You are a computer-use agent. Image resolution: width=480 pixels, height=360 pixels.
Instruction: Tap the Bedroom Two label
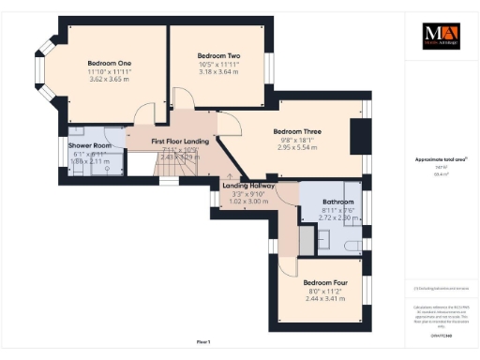point(219,56)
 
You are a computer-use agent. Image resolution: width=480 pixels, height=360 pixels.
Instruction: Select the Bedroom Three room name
point(294,131)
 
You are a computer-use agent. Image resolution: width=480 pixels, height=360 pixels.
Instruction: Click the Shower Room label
point(90,146)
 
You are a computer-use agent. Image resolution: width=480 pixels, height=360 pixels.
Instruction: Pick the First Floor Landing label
point(181,141)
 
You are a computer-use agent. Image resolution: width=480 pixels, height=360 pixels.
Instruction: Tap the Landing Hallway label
point(248,186)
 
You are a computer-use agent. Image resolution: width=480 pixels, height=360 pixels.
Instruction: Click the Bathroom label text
point(337,202)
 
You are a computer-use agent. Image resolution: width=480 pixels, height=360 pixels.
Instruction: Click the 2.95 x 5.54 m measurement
point(294,147)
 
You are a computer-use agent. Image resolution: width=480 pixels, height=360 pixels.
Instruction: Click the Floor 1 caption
point(203,339)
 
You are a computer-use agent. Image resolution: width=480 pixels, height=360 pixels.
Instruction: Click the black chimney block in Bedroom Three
point(357,137)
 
